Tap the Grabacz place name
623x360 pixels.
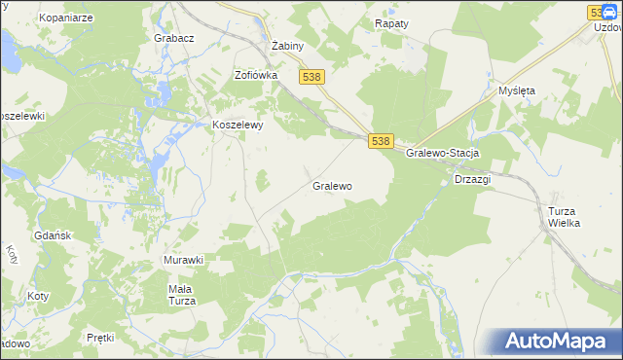tap(174, 38)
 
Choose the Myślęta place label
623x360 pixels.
tap(517, 90)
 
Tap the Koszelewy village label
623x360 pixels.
tap(238, 125)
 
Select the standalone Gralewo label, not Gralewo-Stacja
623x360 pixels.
tap(332, 185)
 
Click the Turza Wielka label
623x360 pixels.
tap(564, 217)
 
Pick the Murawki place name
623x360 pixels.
tap(183, 260)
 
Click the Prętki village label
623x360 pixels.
tap(100, 338)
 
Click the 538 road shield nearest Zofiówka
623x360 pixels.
tap(311, 77)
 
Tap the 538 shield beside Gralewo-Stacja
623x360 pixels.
tap(381, 141)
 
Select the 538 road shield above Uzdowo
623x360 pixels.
tap(600, 12)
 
